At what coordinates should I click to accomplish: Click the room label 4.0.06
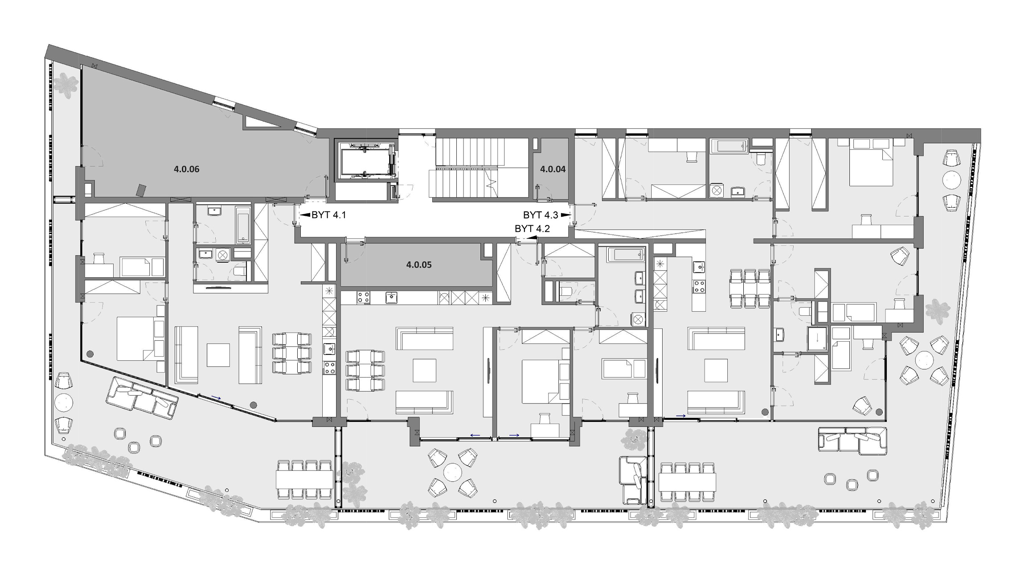[x=186, y=169]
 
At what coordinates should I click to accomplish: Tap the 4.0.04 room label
[x=553, y=169]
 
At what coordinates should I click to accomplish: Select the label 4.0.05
[x=419, y=264]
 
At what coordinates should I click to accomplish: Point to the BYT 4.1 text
[x=328, y=215]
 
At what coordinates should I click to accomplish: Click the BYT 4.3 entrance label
[x=541, y=215]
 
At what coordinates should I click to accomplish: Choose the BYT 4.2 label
[x=532, y=229]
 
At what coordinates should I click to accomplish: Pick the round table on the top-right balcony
[x=951, y=180]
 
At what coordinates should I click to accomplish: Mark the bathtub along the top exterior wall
[x=729, y=146]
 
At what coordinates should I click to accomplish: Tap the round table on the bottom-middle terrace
[x=452, y=472]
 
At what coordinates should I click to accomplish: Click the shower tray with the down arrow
[x=817, y=338]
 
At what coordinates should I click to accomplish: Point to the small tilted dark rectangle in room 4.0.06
[x=141, y=190]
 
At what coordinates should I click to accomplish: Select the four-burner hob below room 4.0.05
[x=363, y=297]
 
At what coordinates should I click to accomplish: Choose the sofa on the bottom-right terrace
[x=852, y=441]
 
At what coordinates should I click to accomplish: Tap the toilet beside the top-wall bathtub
[x=760, y=157]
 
